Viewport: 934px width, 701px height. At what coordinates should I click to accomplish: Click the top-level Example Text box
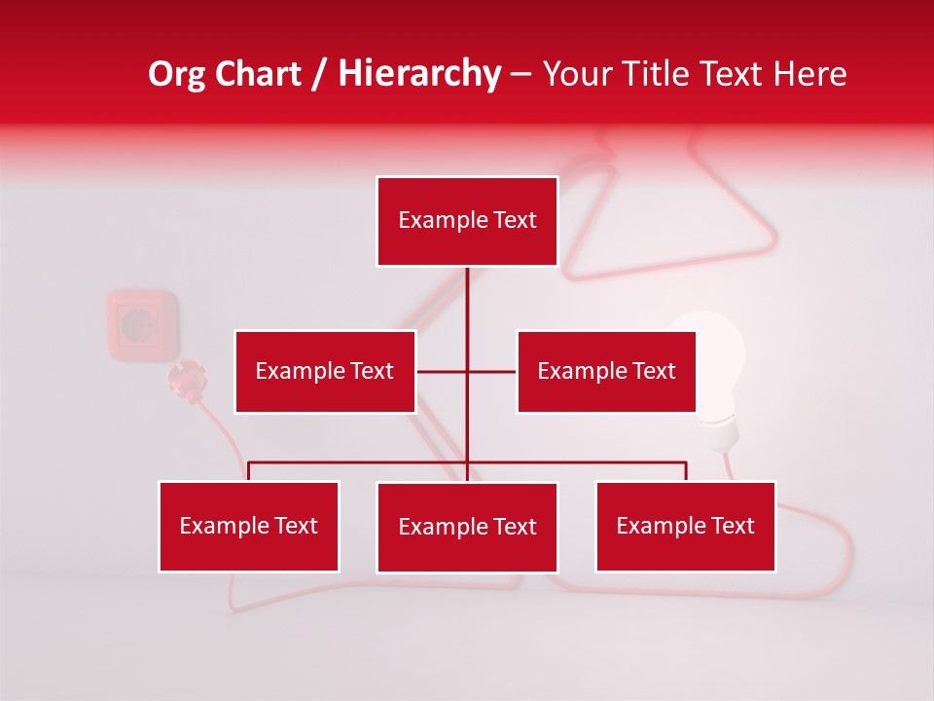click(467, 221)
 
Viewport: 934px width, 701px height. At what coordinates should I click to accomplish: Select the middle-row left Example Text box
click(325, 371)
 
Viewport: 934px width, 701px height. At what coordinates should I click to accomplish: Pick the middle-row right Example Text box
click(606, 371)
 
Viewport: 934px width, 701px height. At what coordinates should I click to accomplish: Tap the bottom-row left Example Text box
click(249, 526)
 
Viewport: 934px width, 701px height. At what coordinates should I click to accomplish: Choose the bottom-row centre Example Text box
click(467, 527)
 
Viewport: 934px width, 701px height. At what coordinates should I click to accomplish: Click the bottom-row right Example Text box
click(686, 526)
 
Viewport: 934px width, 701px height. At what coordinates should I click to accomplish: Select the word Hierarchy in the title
click(419, 74)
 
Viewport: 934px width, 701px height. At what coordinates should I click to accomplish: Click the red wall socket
click(142, 323)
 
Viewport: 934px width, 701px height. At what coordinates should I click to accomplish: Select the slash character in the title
click(319, 74)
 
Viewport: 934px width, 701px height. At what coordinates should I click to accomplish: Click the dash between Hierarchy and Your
click(521, 74)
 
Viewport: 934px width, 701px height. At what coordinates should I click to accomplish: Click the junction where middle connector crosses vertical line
click(467, 371)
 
